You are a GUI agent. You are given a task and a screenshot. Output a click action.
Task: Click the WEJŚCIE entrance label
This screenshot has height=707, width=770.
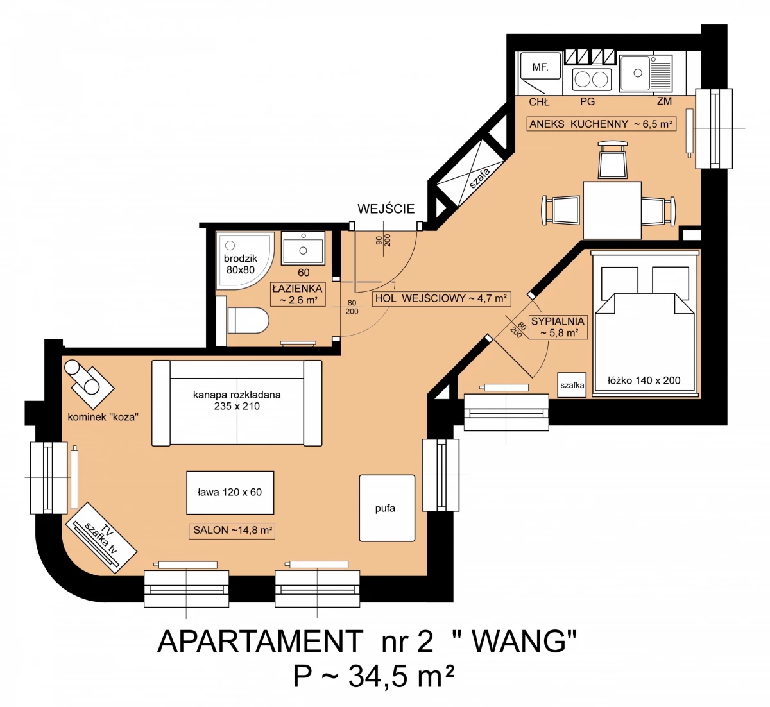[386, 209]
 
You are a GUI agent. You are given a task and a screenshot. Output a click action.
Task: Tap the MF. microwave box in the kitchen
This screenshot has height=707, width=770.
[540, 66]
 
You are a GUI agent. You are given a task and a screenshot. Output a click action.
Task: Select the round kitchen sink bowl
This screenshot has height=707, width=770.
[638, 73]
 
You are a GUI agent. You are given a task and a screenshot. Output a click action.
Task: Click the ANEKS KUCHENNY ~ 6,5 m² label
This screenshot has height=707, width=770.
[601, 124]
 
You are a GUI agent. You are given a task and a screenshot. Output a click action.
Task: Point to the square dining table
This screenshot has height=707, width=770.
[612, 210]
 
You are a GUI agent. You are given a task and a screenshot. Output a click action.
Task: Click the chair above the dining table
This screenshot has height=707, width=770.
[613, 160]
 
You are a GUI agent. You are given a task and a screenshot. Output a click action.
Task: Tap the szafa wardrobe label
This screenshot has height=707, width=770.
[480, 178]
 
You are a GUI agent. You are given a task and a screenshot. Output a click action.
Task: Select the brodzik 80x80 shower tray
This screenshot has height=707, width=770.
[244, 260]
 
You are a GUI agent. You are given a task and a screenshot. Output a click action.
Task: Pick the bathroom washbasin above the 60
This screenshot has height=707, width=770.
[303, 248]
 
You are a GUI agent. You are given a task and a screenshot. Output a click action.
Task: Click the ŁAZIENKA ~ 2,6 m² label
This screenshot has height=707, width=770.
[298, 294]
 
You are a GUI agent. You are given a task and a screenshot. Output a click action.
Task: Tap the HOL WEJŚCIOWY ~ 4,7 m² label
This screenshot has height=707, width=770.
[441, 298]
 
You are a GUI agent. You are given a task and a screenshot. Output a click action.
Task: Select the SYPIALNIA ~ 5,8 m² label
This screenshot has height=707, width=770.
[558, 327]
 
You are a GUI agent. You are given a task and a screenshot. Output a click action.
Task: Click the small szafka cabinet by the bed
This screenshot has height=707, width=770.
[572, 384]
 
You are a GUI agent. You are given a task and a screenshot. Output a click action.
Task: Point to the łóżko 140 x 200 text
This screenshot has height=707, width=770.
[644, 380]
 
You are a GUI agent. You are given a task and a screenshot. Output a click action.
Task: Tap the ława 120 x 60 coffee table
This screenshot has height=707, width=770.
[230, 493]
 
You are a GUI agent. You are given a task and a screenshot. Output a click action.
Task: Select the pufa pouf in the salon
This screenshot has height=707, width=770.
[387, 508]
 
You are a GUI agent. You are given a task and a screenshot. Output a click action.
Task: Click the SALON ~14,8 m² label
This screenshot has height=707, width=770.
[232, 531]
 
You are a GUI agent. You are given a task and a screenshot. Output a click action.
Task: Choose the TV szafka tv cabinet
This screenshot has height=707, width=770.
[101, 538]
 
